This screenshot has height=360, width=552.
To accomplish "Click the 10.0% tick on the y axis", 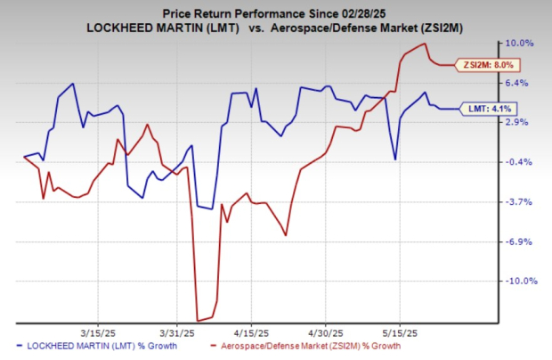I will click(x=521, y=43).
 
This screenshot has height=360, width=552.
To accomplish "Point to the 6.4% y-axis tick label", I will click(x=521, y=83).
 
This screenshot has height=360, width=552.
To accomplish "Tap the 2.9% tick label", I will click(x=521, y=122).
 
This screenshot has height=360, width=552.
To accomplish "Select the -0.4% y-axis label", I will click(x=521, y=162).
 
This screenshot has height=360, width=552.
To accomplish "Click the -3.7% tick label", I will click(x=521, y=202).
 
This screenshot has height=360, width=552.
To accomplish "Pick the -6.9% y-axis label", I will click(x=521, y=241).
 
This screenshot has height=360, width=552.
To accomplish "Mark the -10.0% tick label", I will click(x=519, y=282).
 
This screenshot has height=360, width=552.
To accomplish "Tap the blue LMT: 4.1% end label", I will click(x=486, y=109).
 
